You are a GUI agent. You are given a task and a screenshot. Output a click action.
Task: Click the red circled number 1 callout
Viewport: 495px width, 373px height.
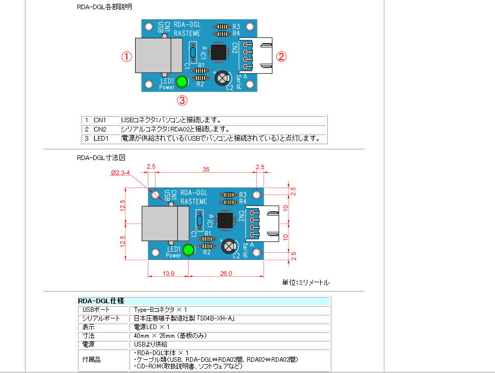126,57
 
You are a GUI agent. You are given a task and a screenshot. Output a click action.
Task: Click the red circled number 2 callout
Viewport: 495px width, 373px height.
281,57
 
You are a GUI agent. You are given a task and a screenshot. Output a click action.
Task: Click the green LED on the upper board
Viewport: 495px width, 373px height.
183,82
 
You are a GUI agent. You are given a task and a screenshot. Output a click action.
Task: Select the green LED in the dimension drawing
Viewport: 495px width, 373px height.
189,250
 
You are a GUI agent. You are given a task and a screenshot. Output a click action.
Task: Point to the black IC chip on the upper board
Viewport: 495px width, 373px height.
219,51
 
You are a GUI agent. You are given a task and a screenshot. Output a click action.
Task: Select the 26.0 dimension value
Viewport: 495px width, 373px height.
226,274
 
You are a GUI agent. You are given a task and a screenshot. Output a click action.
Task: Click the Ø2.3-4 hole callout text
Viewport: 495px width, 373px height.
121,173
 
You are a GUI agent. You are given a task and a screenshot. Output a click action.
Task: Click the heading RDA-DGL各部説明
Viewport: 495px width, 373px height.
105,7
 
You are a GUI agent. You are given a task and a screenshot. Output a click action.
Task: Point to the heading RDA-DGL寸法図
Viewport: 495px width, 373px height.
101,157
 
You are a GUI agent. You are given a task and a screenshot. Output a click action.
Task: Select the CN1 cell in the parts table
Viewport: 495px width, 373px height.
100,120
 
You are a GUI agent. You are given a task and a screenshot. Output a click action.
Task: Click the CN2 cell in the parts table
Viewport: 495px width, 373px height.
100,129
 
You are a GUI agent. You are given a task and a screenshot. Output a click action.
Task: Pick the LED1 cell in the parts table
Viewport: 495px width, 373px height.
101,138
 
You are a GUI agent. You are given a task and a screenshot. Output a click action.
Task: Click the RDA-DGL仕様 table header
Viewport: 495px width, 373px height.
101,301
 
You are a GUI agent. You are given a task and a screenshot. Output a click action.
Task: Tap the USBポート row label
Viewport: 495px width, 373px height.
96,310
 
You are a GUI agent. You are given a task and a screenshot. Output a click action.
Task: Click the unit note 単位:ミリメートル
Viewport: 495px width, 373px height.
305,282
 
